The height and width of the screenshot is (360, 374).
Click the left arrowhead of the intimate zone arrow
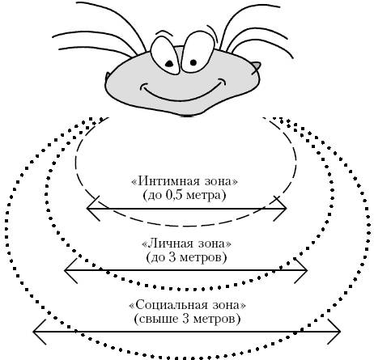pyautogui.click(x=93, y=209)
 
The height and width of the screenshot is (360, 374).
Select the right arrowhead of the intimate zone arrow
pyautogui.click(x=280, y=209)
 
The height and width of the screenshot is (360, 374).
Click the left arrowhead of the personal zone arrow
pyautogui.click(x=71, y=270)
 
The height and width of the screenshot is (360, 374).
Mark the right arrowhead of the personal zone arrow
pyautogui.click(x=301, y=270)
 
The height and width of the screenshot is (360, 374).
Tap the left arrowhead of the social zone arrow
pyautogui.click(x=40, y=332)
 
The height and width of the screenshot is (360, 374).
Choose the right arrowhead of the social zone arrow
pyautogui.click(x=334, y=332)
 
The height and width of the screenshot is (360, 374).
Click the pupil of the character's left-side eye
pyautogui.click(x=169, y=64)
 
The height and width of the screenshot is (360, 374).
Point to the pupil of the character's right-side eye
pyautogui.click(x=193, y=62)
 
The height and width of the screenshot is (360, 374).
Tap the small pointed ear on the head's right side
pyautogui.click(x=256, y=67)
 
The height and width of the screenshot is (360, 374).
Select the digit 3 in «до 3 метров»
pyautogui.click(x=172, y=257)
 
